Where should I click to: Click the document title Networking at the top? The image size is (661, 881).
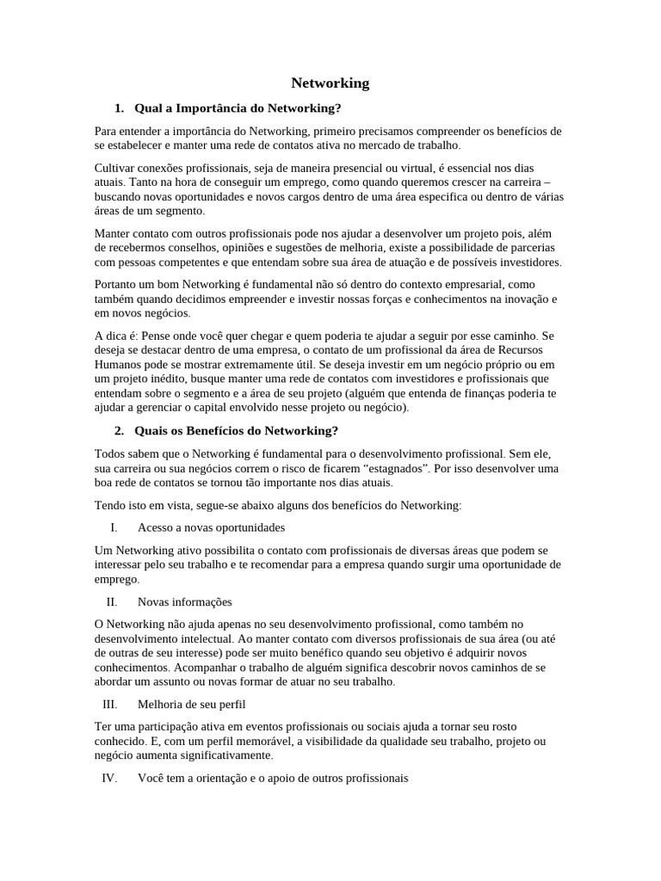[330, 83]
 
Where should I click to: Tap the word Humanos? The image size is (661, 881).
[117, 364]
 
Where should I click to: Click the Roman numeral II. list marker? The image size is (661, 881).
[112, 602]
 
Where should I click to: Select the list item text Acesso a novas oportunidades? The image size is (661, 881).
[211, 527]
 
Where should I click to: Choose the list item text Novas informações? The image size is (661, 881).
[184, 602]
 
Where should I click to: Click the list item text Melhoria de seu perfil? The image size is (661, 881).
[192, 704]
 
